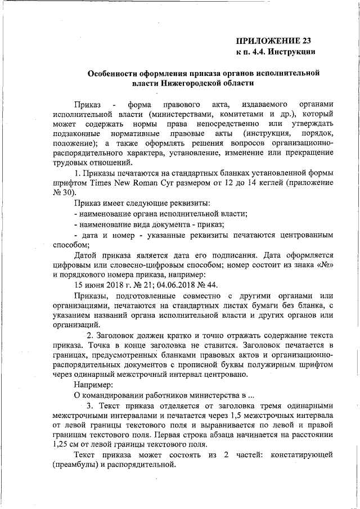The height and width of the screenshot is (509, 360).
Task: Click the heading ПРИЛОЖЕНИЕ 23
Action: point(273,40)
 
